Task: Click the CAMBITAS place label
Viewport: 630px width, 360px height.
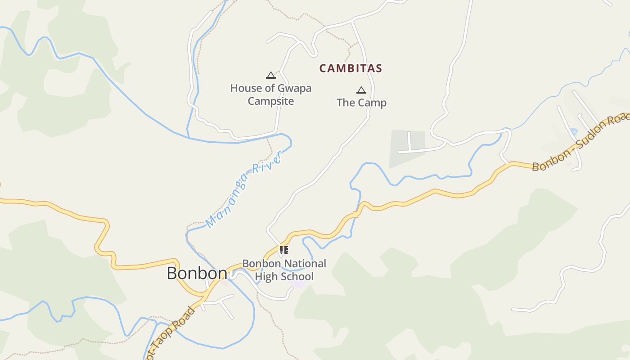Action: click(x=351, y=68)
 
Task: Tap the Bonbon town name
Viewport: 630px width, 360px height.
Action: click(x=197, y=273)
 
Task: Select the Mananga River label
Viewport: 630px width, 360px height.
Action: click(x=243, y=189)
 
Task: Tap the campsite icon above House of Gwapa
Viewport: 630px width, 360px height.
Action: click(x=270, y=75)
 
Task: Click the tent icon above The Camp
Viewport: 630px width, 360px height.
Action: click(x=361, y=90)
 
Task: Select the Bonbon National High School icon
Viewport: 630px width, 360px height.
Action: click(x=283, y=250)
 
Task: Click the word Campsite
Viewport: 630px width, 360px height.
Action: click(x=270, y=101)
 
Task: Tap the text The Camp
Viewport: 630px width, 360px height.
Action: click(x=361, y=103)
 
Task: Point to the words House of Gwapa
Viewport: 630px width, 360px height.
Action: click(x=270, y=88)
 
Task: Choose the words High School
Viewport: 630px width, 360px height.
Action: click(x=284, y=276)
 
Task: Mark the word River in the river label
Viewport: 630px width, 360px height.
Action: click(x=267, y=164)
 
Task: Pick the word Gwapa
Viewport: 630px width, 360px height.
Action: click(x=295, y=88)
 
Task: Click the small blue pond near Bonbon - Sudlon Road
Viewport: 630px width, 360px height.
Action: click(x=573, y=132)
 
